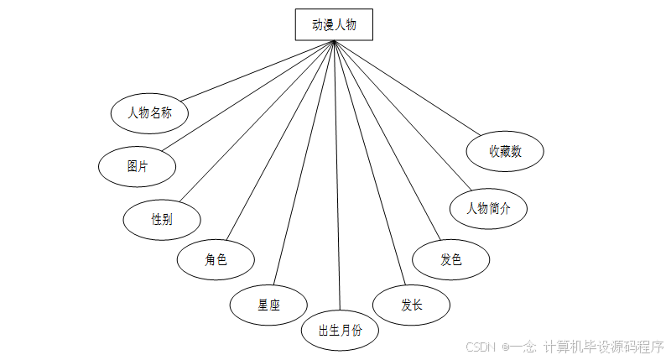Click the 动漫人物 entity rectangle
click(333, 25)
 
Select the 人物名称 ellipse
click(149, 112)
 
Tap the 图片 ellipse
click(138, 166)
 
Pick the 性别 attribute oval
click(162, 220)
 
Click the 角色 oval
click(216, 260)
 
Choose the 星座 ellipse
click(268, 305)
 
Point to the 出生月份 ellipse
click(340, 330)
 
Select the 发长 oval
click(411, 305)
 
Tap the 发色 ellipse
click(450, 260)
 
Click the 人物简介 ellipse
click(488, 208)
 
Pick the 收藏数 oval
click(506, 152)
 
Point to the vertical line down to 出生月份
click(337, 185)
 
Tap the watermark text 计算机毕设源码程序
click(603, 347)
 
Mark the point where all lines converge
click(334, 41)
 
